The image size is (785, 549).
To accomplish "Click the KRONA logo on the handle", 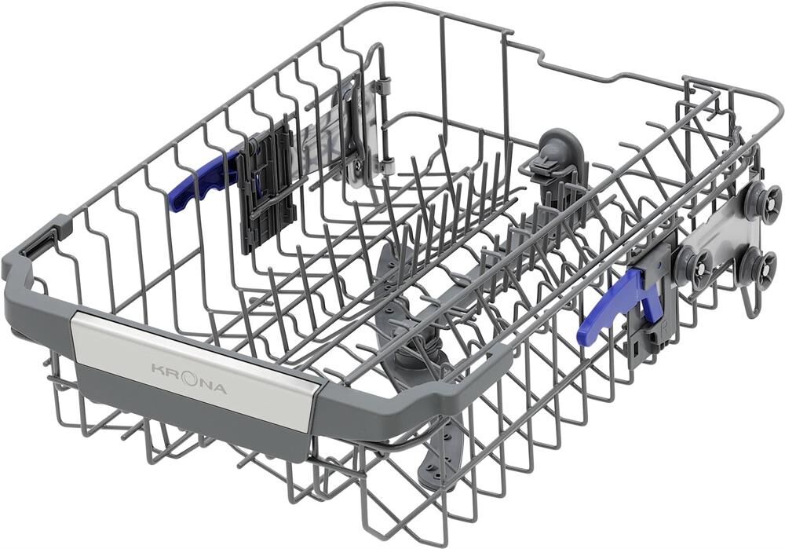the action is [x=189, y=379].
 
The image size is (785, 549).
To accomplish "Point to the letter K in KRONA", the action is [x=157, y=369].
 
